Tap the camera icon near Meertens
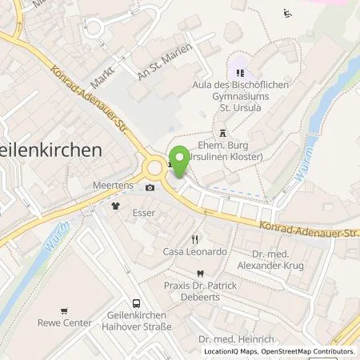150,189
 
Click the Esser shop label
143,213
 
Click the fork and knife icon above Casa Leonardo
194,239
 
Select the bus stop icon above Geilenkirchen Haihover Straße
136,303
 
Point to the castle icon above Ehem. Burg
222,133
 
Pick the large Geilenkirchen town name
51,150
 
